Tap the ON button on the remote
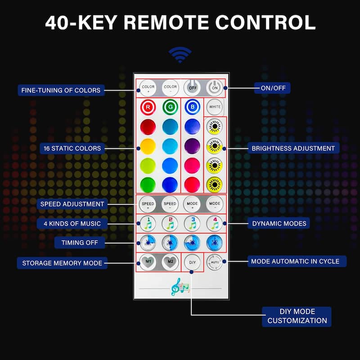tap(215, 87)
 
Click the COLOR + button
tap(148, 87)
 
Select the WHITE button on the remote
tap(215, 107)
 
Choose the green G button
tap(170, 107)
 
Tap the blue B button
tap(192, 107)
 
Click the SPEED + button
tap(148, 204)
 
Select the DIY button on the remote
tap(192, 262)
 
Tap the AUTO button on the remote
tap(215, 262)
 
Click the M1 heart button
tap(148, 262)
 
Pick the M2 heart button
tap(170, 262)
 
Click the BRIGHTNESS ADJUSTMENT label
tap(293, 148)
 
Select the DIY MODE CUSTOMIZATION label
tap(297, 316)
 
